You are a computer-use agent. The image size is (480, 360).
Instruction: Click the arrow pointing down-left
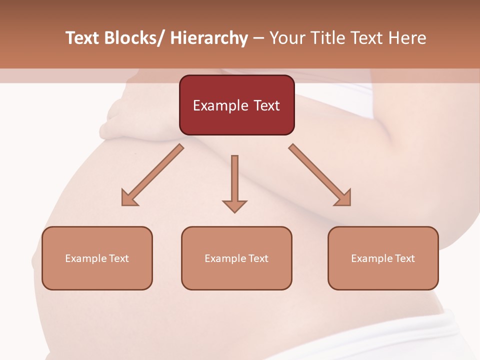[x=152, y=175]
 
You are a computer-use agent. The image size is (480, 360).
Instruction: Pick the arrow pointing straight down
[x=234, y=182]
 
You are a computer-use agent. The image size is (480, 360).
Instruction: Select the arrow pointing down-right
[x=320, y=175]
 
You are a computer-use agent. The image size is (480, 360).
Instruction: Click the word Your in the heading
[x=286, y=38]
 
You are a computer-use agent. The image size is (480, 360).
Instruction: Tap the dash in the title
[x=258, y=38]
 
